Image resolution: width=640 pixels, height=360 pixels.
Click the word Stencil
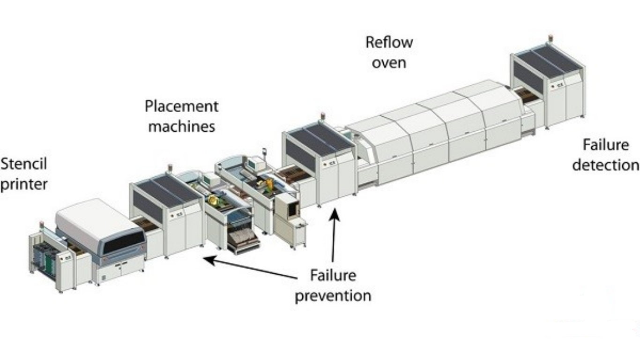[x=23, y=164]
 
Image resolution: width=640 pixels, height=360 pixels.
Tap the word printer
[x=24, y=184]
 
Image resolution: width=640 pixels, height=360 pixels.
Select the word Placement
[x=181, y=106]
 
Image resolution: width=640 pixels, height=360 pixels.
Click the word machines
[x=182, y=127]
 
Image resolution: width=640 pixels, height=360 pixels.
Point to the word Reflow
[x=389, y=42]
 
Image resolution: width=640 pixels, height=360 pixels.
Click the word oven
[x=389, y=63]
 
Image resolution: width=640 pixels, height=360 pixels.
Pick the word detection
[x=606, y=165]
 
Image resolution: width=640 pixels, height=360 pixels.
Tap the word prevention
[x=333, y=296]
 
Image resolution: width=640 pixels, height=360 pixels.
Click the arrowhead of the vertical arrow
[x=334, y=215]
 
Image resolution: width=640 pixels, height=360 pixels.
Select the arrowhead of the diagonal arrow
[x=209, y=260]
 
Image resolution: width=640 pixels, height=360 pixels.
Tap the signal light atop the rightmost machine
[x=550, y=39]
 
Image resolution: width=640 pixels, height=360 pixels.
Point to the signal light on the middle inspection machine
[x=323, y=116]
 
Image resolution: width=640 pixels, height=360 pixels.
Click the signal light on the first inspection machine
[x=170, y=168]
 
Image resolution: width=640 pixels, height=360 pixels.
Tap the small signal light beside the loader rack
[x=42, y=225]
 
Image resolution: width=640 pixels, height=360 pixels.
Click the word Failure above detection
[x=606, y=145]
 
